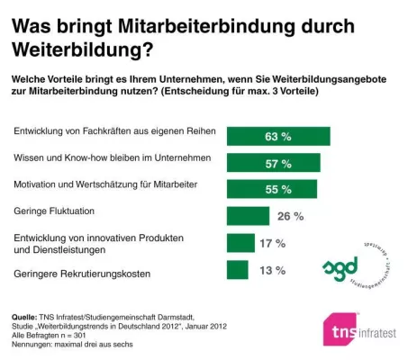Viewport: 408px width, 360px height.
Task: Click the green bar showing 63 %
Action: pyautogui.click(x=278, y=136)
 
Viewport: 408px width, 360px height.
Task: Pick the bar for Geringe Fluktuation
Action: pyautogui.click(x=248, y=216)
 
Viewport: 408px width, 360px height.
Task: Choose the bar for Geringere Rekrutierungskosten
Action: pyautogui.click(x=238, y=270)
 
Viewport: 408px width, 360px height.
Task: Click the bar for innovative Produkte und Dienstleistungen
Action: pyautogui.click(x=240, y=243)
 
